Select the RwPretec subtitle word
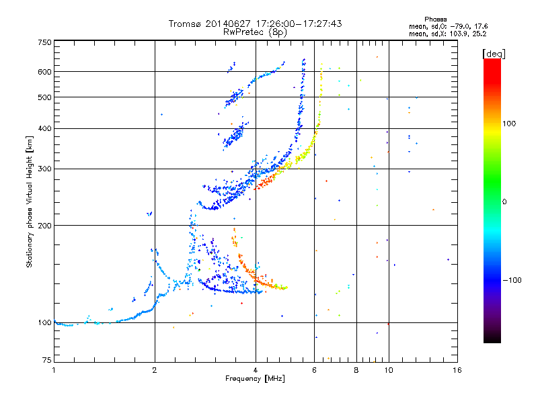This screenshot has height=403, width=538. (243, 32)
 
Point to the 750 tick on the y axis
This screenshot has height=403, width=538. (44, 42)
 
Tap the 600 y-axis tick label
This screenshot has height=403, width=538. (44, 72)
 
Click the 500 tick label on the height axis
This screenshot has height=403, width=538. (44, 97)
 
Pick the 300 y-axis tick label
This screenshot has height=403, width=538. (44, 169)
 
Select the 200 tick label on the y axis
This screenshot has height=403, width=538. (44, 226)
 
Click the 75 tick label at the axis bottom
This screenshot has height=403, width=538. (47, 360)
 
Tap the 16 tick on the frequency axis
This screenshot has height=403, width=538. (457, 370)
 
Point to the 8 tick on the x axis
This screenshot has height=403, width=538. (356, 370)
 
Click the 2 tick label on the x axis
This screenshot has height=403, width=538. (155, 370)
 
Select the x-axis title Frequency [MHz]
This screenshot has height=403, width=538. (255, 379)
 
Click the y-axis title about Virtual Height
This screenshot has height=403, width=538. (30, 202)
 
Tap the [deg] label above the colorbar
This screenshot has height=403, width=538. (494, 54)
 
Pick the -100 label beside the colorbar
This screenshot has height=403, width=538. (512, 280)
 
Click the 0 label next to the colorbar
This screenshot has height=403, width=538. (504, 202)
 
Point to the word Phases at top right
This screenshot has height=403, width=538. (435, 19)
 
